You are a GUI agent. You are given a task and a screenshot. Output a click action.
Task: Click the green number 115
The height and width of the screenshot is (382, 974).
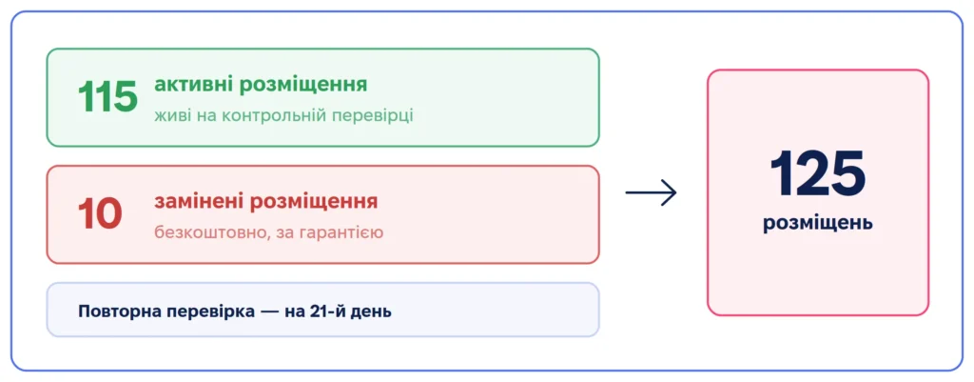coord(107,97)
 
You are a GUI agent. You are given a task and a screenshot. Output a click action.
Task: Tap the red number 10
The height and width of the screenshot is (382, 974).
coord(99,214)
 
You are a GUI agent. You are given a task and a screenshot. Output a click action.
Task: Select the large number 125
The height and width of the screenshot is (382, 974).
coord(817,173)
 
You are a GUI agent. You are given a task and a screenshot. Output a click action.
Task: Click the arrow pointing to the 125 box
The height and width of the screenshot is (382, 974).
coord(651,192)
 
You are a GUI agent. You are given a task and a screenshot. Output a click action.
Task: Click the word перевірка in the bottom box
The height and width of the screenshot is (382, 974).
coord(211,312)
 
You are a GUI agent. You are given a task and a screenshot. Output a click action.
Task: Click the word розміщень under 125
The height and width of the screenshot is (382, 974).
coord(817,224)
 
